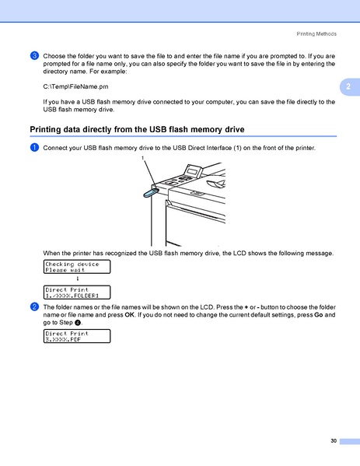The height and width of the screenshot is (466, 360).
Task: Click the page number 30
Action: pos(333,441)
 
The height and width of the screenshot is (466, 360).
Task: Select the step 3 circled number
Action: pos(35,56)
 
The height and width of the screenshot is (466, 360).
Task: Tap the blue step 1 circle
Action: pos(35,148)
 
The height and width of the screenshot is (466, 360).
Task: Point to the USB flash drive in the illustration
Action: pos(150,189)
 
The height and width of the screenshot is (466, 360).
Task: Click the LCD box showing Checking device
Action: pos(76,267)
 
